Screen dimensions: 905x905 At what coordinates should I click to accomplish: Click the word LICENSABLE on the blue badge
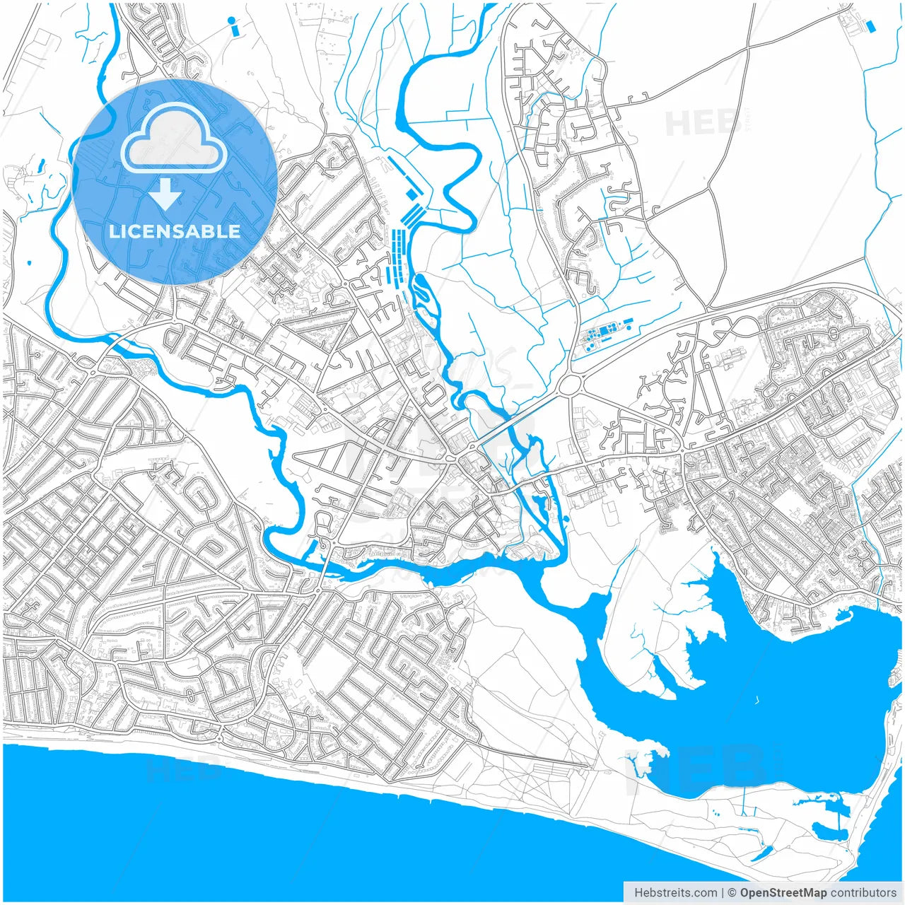click(x=175, y=231)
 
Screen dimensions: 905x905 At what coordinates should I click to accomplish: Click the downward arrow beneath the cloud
click(x=165, y=194)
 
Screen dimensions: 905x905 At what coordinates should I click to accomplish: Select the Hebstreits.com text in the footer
click(x=675, y=893)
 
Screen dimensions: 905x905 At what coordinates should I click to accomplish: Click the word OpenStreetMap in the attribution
click(x=783, y=893)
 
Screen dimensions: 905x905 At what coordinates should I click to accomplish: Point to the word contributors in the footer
click(x=863, y=893)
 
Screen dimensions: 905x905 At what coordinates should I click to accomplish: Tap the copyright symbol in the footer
click(x=732, y=893)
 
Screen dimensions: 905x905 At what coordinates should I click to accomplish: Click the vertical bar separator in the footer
click(x=722, y=893)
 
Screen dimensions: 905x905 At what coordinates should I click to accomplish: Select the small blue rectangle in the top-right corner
click(x=870, y=26)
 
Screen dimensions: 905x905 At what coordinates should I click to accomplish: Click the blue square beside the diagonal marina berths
click(x=411, y=194)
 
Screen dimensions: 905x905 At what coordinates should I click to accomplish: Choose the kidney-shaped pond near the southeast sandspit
click(x=824, y=830)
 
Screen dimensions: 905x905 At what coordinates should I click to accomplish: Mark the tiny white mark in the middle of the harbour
click(x=757, y=701)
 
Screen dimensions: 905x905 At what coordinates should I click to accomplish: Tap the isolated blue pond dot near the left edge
click(x=29, y=264)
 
